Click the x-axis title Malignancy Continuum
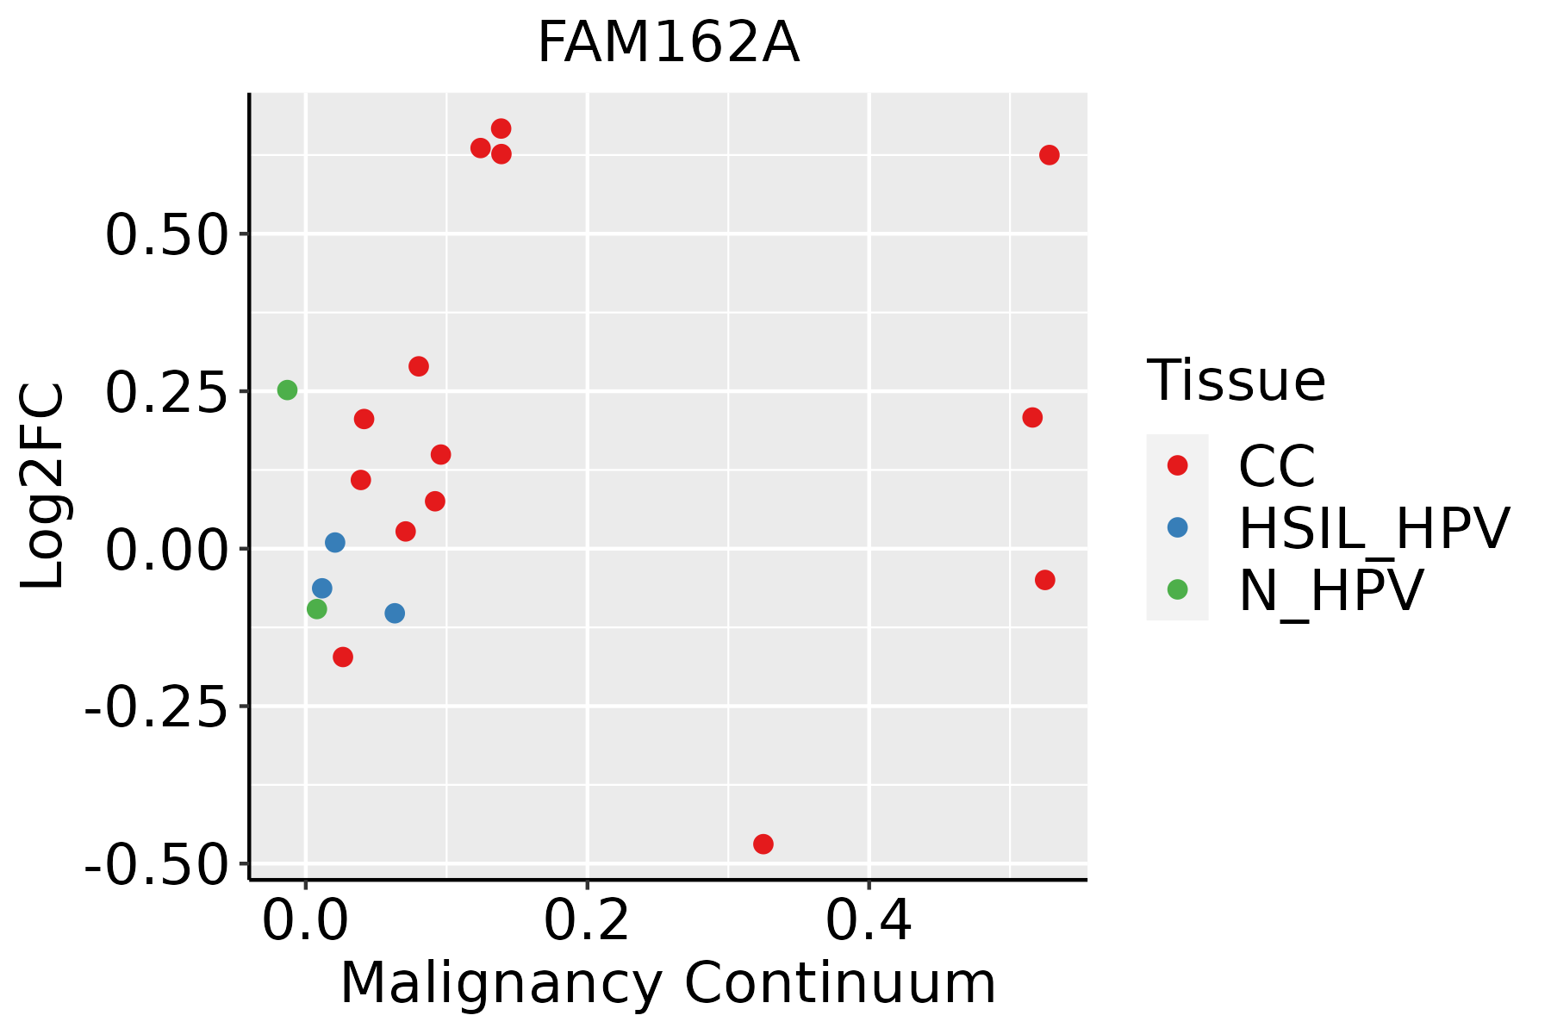(x=668, y=983)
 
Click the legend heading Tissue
(x=1236, y=380)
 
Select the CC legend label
(x=1277, y=466)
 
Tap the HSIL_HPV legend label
(x=1373, y=528)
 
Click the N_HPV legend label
(x=1330, y=590)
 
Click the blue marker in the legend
(x=1177, y=527)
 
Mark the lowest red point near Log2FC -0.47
(x=763, y=844)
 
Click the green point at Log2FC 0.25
(x=287, y=390)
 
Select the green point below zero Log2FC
(x=317, y=609)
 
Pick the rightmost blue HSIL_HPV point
(x=395, y=614)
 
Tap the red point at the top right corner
(x=1049, y=155)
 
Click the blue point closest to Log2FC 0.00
(x=335, y=543)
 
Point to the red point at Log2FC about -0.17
(x=343, y=657)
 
